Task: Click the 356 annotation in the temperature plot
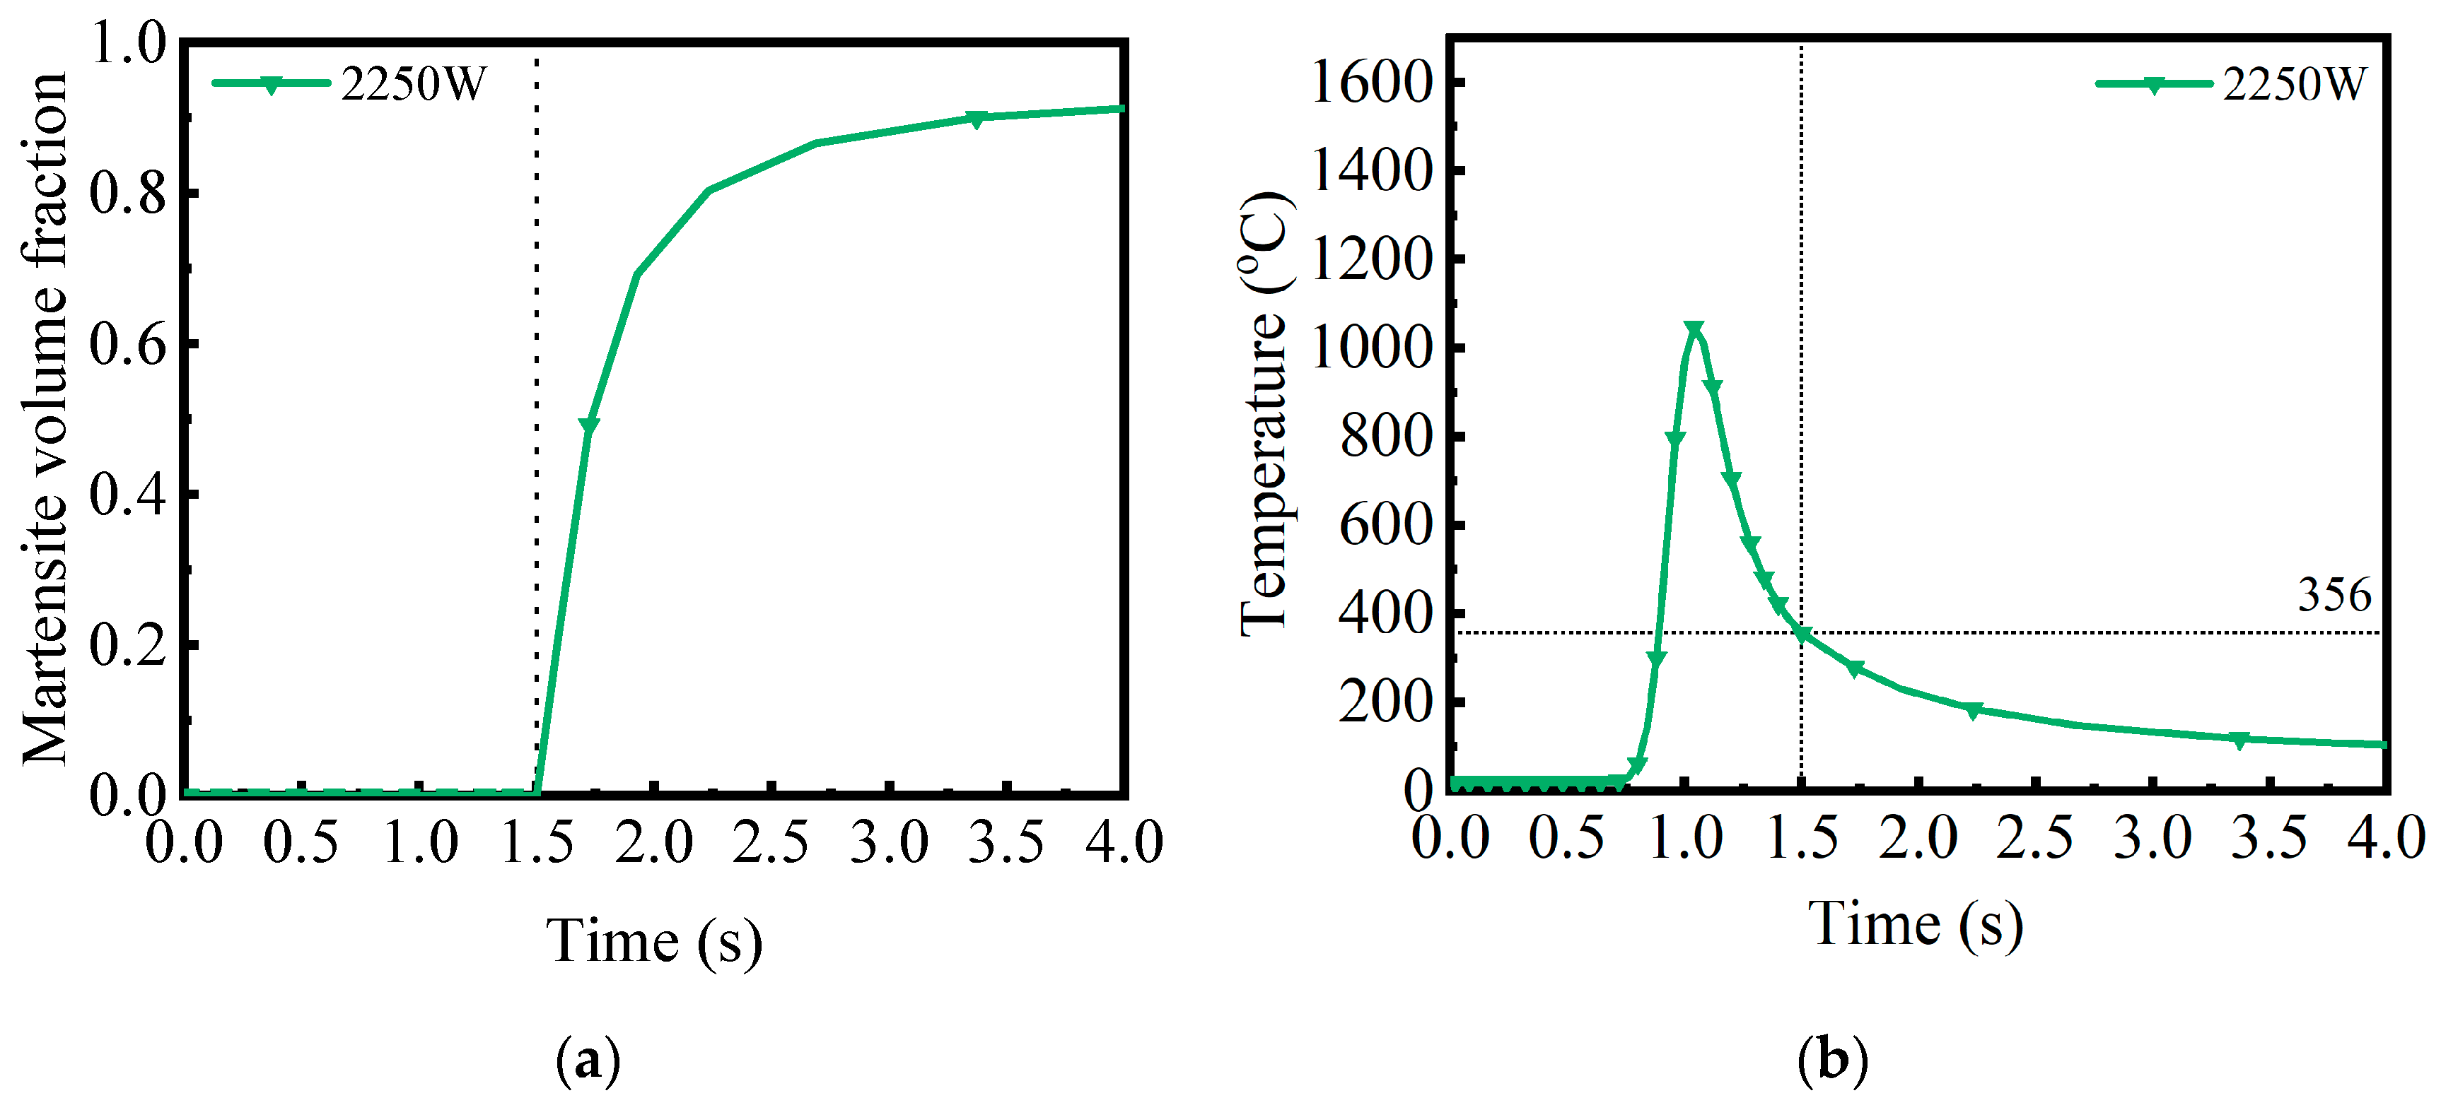coord(2334,596)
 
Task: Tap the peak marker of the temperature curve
coord(1694,329)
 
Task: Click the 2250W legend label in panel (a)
coord(413,83)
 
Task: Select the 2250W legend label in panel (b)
coord(2294,83)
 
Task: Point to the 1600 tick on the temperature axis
coord(1370,83)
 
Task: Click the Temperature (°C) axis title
coord(1265,414)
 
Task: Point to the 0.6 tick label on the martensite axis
coord(128,344)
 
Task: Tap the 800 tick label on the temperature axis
coord(1385,437)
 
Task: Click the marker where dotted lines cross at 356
coord(1801,634)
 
